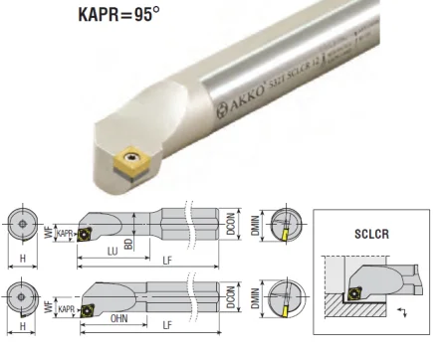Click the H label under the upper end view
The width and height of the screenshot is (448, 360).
tap(21, 259)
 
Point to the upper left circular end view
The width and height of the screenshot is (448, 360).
tap(21, 223)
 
